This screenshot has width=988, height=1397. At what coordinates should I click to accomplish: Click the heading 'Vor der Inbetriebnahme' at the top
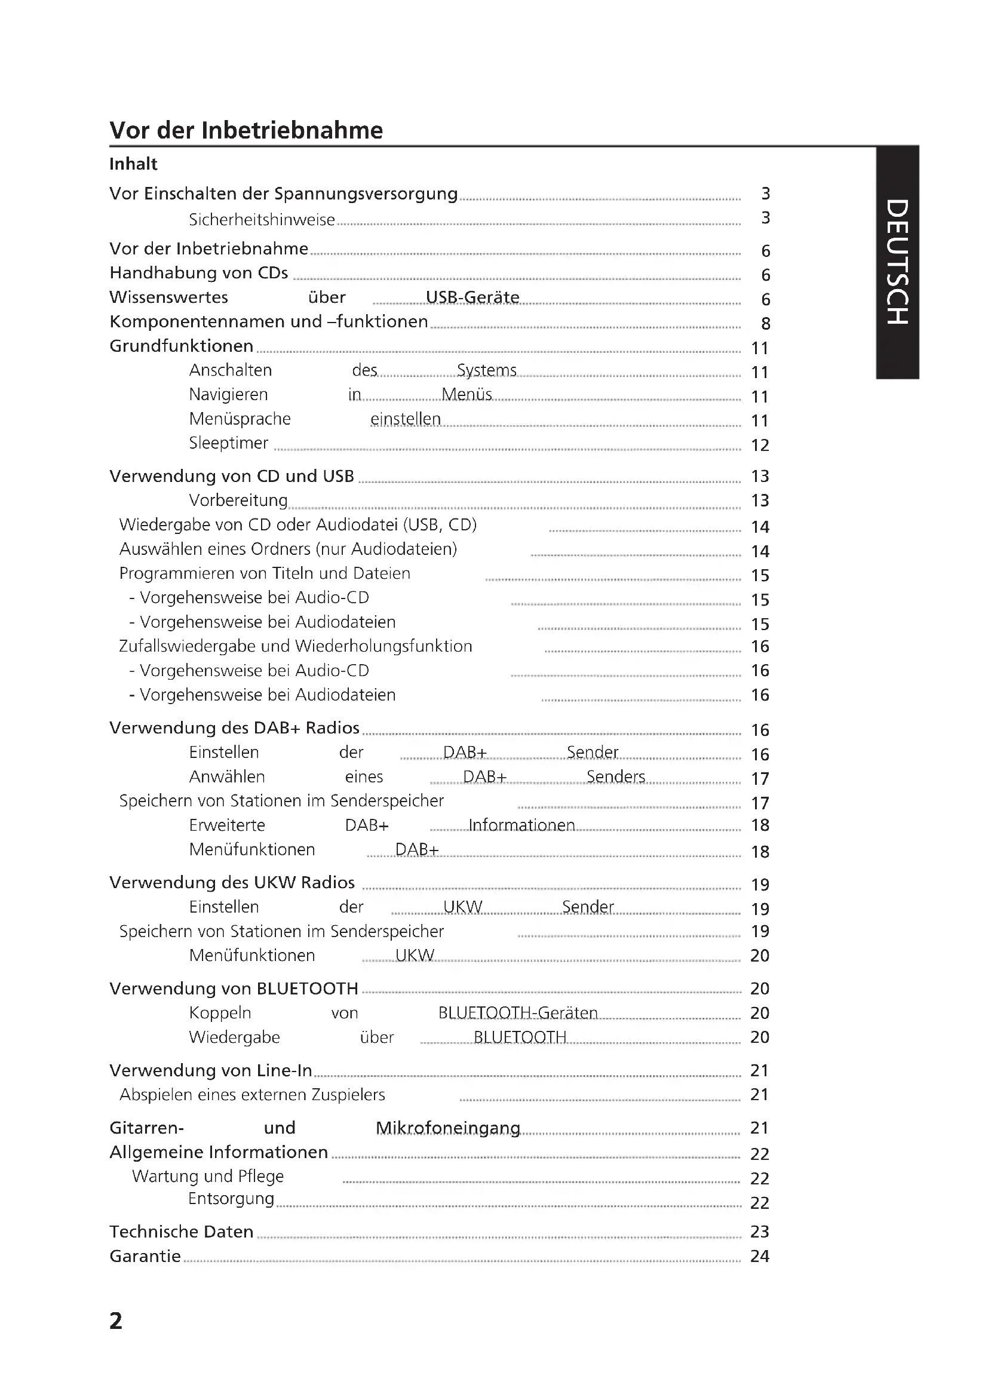246,130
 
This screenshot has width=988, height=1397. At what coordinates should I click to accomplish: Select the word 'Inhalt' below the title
133,164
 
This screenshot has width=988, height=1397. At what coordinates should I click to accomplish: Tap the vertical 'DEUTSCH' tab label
897,262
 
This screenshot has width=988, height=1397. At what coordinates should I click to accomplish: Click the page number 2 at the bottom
116,1321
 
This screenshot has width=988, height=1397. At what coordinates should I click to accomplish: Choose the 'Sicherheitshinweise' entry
262,220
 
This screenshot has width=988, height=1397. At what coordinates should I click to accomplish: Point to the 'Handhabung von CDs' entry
198,273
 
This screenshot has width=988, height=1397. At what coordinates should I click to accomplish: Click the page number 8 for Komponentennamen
765,324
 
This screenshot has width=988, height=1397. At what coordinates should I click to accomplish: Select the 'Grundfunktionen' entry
182,346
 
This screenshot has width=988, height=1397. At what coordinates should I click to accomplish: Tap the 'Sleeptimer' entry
228,443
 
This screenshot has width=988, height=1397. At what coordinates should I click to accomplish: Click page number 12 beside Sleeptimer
760,446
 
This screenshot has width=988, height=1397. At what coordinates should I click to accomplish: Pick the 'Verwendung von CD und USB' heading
231,476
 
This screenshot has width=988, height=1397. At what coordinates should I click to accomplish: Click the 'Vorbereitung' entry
238,500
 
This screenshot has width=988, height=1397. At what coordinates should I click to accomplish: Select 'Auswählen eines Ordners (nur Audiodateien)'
288,549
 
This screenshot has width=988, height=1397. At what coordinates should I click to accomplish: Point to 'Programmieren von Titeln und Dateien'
265,573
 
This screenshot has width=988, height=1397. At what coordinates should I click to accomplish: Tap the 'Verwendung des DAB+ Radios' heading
234,727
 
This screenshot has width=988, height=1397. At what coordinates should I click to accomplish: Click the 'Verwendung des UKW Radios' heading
232,882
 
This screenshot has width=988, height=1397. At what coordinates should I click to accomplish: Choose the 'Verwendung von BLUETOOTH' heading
234,988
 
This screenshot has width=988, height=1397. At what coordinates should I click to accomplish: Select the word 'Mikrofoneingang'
448,1128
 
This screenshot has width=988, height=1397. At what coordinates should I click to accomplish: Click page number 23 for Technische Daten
760,1232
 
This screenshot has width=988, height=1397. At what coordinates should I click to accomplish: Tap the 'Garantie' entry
145,1256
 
